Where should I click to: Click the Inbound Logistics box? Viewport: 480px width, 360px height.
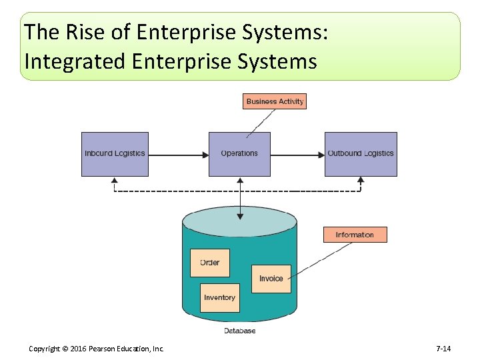pos(115,154)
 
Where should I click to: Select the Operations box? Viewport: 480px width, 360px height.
pos(239,154)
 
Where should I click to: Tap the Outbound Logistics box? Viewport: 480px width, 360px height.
pos(361,154)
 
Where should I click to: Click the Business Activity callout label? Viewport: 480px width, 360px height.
pos(275,101)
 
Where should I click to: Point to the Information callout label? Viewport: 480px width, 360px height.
pos(355,235)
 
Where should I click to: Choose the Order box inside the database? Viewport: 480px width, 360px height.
pos(210,263)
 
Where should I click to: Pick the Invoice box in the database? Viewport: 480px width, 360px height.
pos(271,279)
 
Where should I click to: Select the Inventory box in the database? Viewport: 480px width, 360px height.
pos(220,298)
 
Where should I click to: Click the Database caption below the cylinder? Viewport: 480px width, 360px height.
pos(239,331)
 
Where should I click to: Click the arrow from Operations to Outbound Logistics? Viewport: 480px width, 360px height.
pos(297,155)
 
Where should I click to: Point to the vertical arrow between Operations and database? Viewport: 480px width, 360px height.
pos(240,197)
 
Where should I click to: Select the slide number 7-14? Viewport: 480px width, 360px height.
pos(443,349)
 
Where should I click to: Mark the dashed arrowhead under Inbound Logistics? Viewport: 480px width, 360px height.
pos(115,180)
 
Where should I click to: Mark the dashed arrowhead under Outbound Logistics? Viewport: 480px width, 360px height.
pos(361,180)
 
